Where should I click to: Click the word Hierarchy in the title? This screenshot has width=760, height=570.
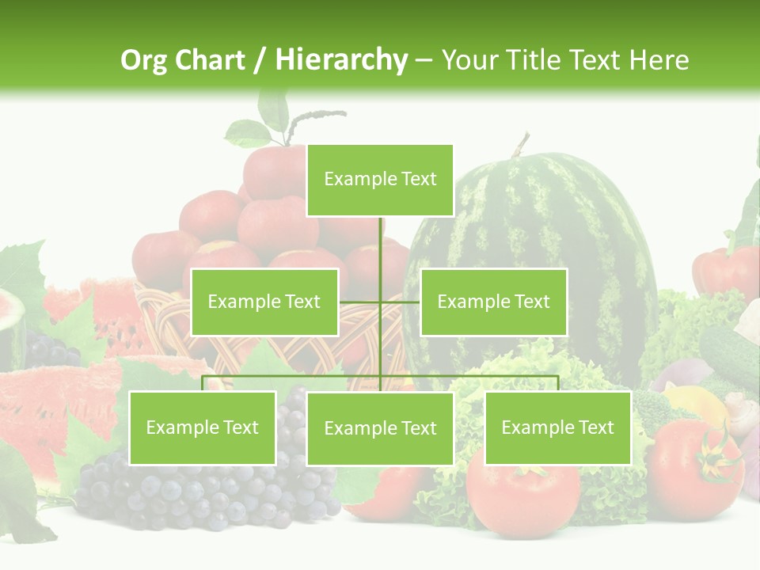341,60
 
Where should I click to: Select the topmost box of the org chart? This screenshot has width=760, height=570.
380,180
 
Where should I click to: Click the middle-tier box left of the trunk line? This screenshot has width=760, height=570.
264,302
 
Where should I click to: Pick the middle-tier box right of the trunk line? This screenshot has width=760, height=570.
493,302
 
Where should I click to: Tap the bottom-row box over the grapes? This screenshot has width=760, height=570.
202,427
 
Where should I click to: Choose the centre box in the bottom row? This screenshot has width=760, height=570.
380,428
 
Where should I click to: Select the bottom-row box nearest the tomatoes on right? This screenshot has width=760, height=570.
557,427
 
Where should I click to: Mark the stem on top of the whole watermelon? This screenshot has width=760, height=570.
519,145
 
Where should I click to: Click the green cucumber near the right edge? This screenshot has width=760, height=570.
728,348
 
